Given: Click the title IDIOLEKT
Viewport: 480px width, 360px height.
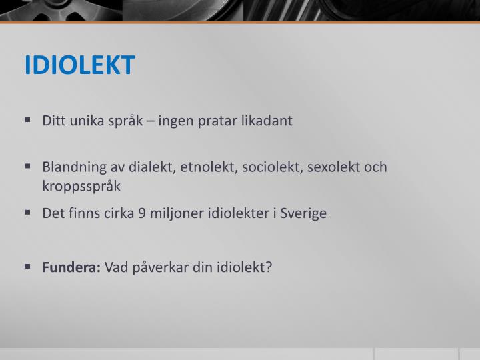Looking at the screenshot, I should pos(80,65).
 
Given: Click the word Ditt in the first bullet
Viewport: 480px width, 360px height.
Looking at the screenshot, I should pos(53,121).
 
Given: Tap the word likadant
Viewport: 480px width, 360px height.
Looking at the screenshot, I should pos(267,121).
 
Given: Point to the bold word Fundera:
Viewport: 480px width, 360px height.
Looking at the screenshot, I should pos(71,267).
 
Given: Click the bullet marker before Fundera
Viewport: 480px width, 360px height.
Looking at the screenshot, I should pos(28,266).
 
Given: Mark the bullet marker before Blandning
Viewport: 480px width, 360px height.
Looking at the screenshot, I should pos(28,166).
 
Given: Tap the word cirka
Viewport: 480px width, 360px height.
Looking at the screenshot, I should pos(117,215).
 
